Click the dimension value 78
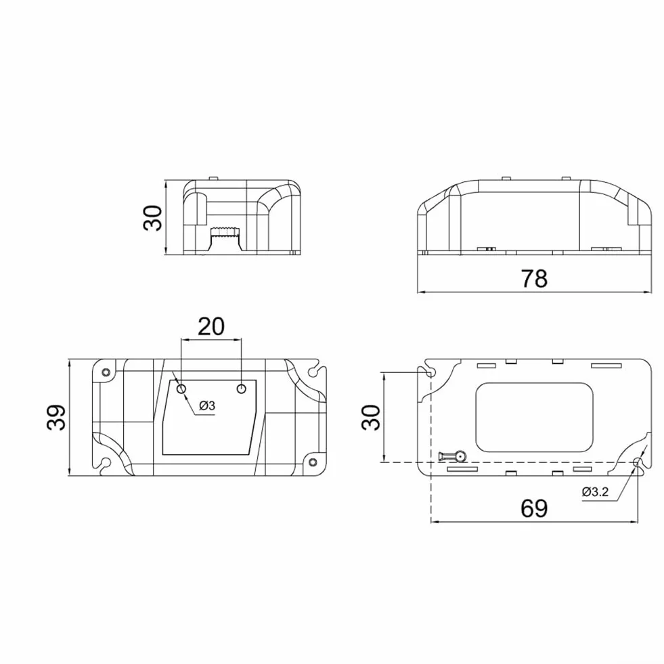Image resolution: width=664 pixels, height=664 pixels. coord(534,278)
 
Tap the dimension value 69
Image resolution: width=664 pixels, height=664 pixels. coord(534,508)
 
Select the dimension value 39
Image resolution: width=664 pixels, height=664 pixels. coord(56,418)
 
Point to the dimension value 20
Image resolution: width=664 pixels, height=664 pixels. coord(211,326)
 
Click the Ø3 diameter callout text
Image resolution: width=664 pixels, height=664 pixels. coord(207,405)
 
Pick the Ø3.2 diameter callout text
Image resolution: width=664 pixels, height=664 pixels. coord(596,491)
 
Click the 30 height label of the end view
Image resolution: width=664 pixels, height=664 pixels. coord(153,218)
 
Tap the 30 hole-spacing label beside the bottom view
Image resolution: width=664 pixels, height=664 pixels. coord(372,418)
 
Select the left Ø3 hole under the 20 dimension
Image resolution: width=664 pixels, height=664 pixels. coord(181,389)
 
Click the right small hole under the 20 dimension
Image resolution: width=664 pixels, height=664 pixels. coord(242,389)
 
